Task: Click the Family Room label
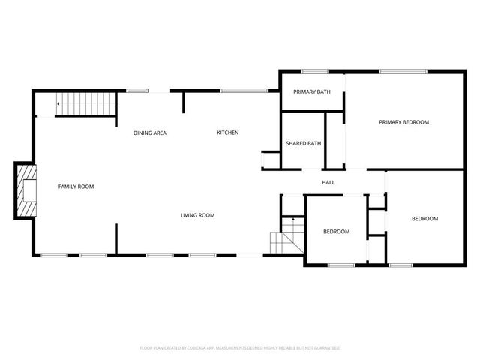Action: [x=76, y=186]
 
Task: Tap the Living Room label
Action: [x=197, y=215]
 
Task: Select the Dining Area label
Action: [x=150, y=133]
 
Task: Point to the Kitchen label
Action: [x=228, y=133]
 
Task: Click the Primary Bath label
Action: [x=312, y=91]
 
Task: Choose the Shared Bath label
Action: [x=304, y=143]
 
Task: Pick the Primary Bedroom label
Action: [x=403, y=122]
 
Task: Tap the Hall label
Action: [x=328, y=182]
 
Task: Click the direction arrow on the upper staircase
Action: [x=59, y=104]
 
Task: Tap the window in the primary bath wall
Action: [x=316, y=71]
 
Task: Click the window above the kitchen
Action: [x=244, y=91]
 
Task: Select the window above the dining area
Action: [x=137, y=91]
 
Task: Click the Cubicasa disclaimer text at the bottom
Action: [x=240, y=348]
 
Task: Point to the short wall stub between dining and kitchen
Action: [x=184, y=101]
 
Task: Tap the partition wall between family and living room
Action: [x=115, y=238]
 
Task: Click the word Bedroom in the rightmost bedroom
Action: [x=424, y=218]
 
